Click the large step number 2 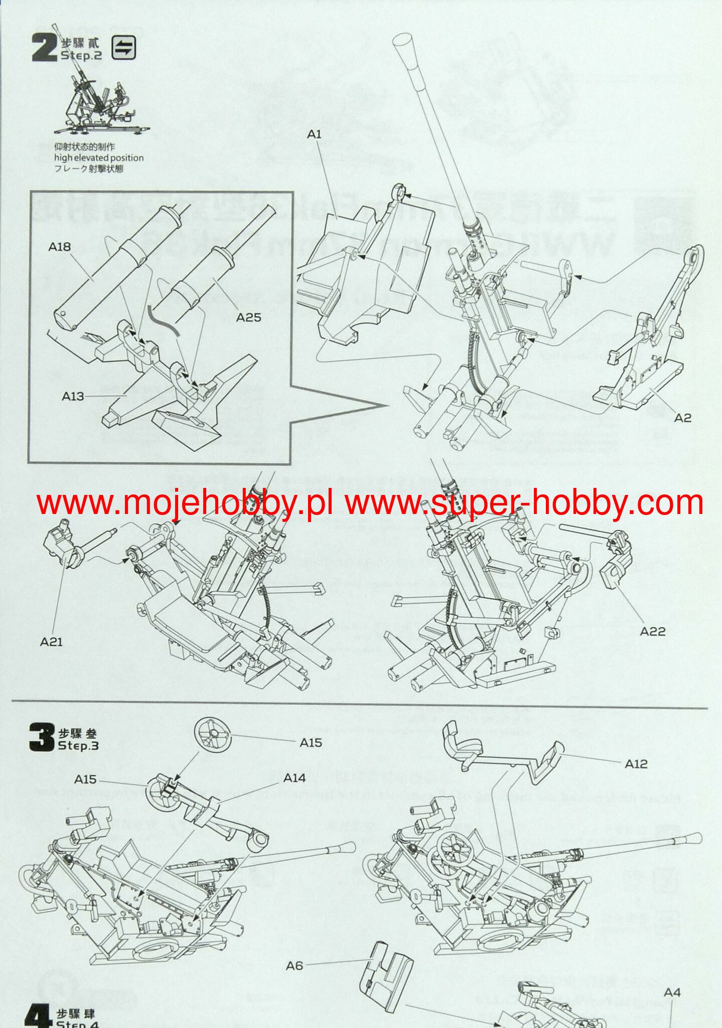coord(44,48)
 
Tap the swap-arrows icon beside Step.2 coord(123,48)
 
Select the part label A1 coord(314,134)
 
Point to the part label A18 coord(59,246)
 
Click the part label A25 coord(248,317)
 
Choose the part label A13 coord(73,396)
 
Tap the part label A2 coord(682,418)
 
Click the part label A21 coord(51,641)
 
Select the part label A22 coord(652,631)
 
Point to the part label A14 coord(295,778)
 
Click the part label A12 coord(636,763)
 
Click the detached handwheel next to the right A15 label coord(214,734)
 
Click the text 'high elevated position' coord(99,158)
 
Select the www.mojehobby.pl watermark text coord(184,503)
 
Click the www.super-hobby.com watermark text coord(524,503)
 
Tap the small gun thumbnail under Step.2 coord(100,103)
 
